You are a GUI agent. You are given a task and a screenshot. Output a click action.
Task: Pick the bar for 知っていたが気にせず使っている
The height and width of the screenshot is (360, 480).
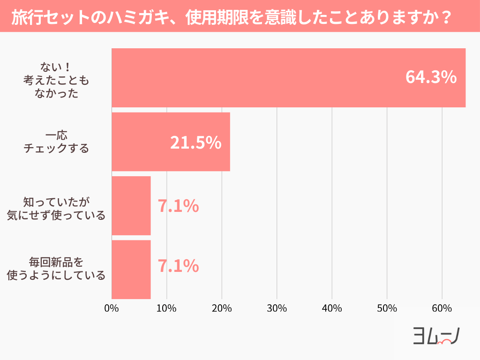tap(131, 206)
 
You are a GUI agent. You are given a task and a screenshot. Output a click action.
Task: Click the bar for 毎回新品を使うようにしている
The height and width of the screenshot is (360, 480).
tap(131, 270)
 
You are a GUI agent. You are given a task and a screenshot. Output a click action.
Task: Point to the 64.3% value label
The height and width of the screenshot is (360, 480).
tap(431, 77)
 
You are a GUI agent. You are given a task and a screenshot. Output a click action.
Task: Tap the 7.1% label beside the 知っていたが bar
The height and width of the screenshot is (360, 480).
tap(178, 206)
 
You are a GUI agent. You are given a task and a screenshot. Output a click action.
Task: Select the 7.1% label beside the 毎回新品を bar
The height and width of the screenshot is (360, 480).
tap(178, 266)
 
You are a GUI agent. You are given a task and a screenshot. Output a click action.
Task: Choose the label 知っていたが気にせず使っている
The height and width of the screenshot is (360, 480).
tap(56, 209)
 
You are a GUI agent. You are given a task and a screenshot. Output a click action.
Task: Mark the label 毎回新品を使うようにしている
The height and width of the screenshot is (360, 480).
tap(56, 269)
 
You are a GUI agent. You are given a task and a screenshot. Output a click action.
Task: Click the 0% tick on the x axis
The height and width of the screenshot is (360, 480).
tap(112, 308)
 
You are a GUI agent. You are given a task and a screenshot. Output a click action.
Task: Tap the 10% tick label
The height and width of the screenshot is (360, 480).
tap(166, 308)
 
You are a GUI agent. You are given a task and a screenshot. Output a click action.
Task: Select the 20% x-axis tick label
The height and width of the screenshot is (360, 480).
tap(222, 308)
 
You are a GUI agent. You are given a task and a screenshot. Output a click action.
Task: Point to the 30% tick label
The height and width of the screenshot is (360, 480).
tap(277, 308)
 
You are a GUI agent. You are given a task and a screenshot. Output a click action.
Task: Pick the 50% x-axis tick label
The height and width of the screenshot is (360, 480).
tap(387, 308)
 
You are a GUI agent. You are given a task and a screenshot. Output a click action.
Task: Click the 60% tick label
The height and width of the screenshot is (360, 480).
tap(442, 308)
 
